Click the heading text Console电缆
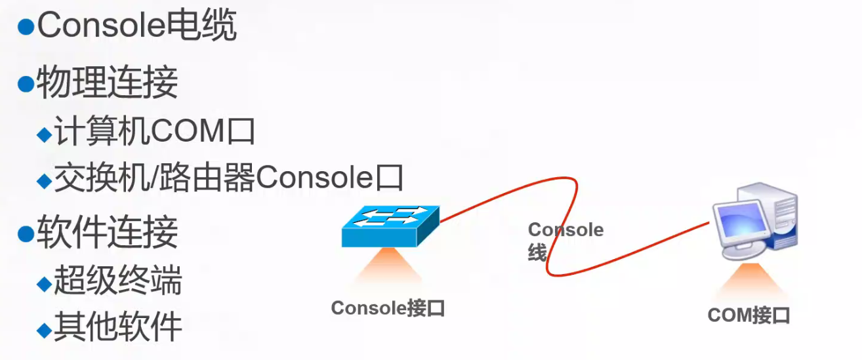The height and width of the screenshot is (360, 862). click(x=136, y=27)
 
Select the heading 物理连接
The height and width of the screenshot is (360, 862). click(x=106, y=83)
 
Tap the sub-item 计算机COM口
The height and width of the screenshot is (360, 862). click(x=154, y=132)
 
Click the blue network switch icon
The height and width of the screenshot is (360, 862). click(x=390, y=226)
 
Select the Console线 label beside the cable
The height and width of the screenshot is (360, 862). click(x=564, y=240)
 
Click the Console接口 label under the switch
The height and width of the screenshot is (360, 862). click(x=388, y=308)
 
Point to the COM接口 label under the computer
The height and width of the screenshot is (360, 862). click(x=749, y=316)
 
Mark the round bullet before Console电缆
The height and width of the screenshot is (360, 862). click(x=26, y=27)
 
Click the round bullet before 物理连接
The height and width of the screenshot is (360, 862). click(x=26, y=84)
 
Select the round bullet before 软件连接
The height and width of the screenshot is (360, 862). click(x=26, y=233)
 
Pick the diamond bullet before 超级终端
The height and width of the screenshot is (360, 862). click(x=44, y=283)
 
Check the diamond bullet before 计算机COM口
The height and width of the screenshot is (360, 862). click(x=44, y=134)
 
